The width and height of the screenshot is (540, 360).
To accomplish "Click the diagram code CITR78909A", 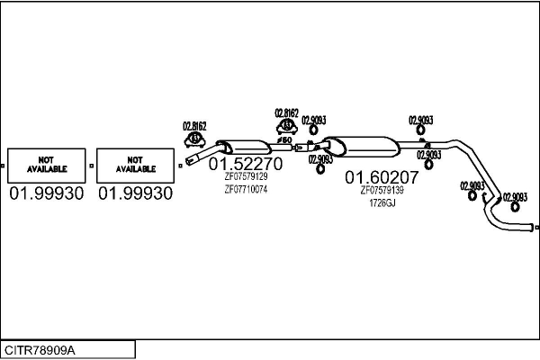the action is (40, 350).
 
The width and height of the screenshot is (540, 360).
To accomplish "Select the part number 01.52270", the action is (246, 164).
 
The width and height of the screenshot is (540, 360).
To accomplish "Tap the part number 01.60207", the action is (382, 177).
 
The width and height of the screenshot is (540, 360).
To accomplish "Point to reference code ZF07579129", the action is (246, 176).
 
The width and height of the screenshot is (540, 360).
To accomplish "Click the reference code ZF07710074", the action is (246, 190).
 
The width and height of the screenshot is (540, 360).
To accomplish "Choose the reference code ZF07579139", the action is (382, 190).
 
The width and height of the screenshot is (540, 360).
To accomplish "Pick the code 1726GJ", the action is (382, 203).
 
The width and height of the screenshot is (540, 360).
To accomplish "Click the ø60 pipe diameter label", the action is (284, 139).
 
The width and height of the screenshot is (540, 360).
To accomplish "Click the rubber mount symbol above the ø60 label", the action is (287, 126).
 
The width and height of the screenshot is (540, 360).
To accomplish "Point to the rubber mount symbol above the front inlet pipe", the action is (195, 139).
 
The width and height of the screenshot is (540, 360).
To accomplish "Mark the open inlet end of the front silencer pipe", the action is (188, 162).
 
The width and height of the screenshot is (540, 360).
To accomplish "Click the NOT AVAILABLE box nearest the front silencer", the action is (135, 166).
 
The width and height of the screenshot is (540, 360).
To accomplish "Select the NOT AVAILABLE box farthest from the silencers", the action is (47, 166).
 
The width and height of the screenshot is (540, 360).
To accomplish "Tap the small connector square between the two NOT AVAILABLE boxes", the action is (91, 166).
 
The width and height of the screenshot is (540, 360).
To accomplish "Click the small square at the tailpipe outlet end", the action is (537, 228).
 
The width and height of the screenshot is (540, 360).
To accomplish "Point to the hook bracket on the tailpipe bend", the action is (484, 198).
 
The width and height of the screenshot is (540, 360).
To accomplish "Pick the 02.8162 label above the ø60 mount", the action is (286, 113).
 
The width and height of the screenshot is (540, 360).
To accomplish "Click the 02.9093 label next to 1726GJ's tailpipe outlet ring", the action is (515, 197).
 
